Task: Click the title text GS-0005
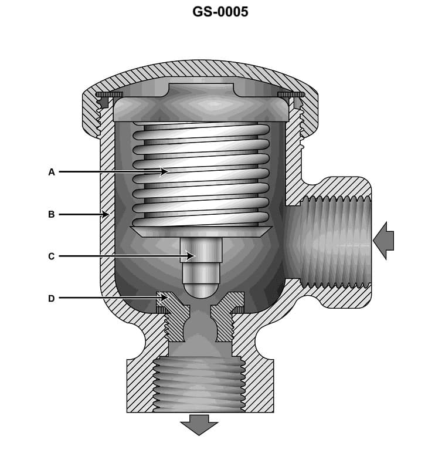point(220,12)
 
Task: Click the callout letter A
point(52,172)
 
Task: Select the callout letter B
point(52,215)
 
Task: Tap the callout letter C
point(52,256)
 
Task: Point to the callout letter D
point(52,298)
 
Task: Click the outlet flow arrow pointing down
point(199,424)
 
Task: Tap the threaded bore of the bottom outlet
point(199,384)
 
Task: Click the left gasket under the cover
point(109,94)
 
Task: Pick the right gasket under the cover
point(291,94)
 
